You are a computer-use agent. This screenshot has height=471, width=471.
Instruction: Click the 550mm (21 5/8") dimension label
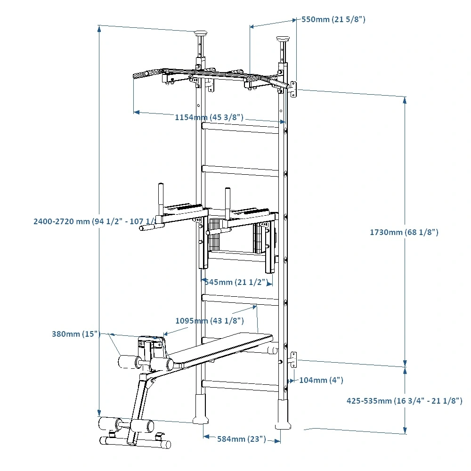click(333, 20)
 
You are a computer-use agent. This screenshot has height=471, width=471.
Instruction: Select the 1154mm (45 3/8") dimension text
click(209, 117)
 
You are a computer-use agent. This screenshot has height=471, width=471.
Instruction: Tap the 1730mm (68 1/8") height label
click(404, 232)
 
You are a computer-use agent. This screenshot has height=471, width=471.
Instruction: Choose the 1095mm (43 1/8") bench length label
click(209, 321)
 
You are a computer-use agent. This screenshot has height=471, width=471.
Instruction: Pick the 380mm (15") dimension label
click(76, 334)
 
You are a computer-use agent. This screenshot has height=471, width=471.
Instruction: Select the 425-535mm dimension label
click(404, 401)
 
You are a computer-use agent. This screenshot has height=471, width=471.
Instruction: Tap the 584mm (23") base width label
click(241, 439)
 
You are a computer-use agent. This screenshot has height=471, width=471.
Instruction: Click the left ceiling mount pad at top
click(201, 33)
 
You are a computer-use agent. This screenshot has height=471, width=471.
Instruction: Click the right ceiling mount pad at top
click(284, 39)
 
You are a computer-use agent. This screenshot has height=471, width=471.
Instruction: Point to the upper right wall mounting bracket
click(293, 89)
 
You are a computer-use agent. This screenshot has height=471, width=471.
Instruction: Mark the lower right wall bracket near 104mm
click(293, 359)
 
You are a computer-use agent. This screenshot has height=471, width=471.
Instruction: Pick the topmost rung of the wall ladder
click(241, 127)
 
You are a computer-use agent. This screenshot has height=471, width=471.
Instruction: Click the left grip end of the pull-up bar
click(141, 75)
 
